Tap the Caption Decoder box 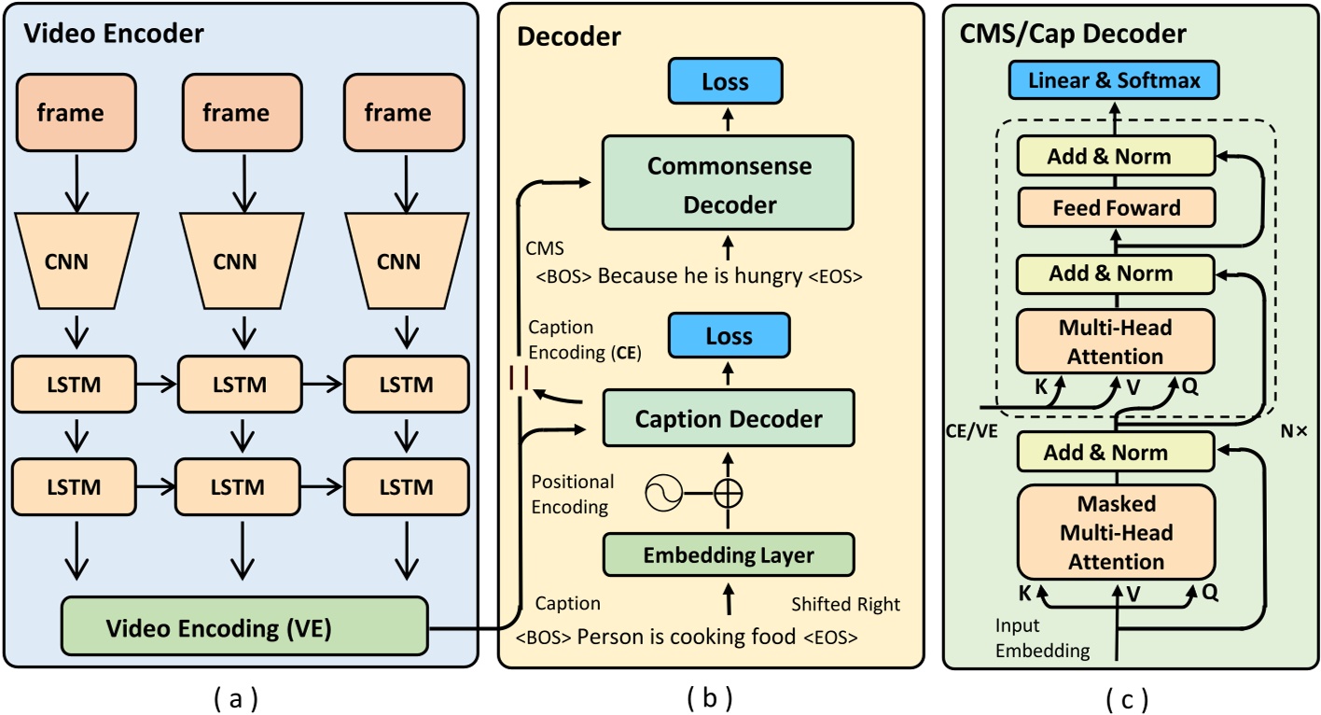(729, 420)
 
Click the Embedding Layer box (729, 555)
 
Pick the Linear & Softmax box (1114, 81)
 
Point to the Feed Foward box (1116, 207)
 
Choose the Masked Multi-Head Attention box (1116, 533)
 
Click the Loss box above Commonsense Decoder (726, 81)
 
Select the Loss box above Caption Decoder (729, 336)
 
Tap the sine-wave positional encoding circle (662, 492)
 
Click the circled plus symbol (729, 492)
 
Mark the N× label (1292, 433)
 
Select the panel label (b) (709, 697)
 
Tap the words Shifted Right (846, 605)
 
